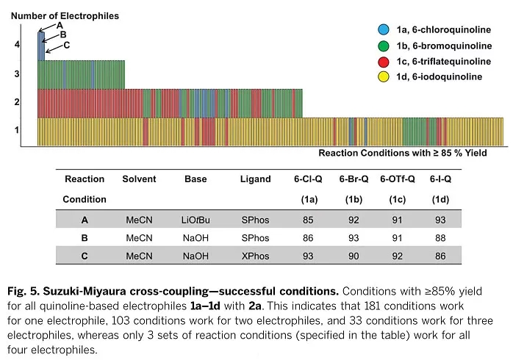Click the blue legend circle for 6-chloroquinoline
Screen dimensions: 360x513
(x=382, y=29)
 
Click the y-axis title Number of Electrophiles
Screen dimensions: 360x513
(x=65, y=15)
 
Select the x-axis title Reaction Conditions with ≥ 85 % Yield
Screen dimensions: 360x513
(x=403, y=153)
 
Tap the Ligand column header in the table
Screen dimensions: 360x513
(x=255, y=179)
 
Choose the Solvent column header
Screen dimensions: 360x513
(x=139, y=179)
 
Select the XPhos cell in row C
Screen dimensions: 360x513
(x=255, y=257)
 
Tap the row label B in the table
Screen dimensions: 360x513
(x=85, y=238)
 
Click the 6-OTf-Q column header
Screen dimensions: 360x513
(x=396, y=179)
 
